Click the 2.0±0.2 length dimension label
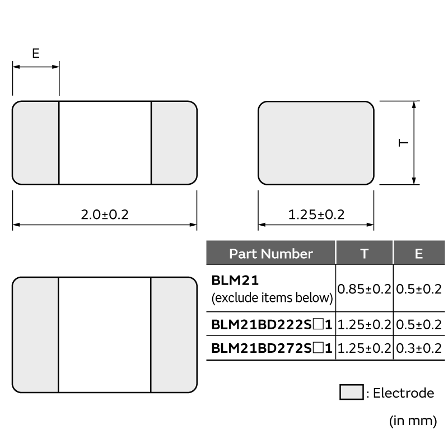click(105, 214)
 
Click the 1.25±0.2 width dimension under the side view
click(316, 214)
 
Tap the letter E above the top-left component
click(36, 54)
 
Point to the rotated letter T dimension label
click(403, 143)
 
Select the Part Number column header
click(270, 254)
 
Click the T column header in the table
click(364, 254)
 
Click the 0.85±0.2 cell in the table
click(364, 289)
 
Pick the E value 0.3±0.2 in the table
click(418, 348)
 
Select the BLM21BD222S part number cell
click(272, 325)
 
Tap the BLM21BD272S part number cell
click(272, 348)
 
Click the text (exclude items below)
click(272, 298)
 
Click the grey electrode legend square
click(351, 393)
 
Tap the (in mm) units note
click(412, 421)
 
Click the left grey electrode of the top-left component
click(36, 143)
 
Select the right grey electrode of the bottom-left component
click(174, 335)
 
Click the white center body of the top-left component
click(105, 143)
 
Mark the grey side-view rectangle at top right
click(316, 143)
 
